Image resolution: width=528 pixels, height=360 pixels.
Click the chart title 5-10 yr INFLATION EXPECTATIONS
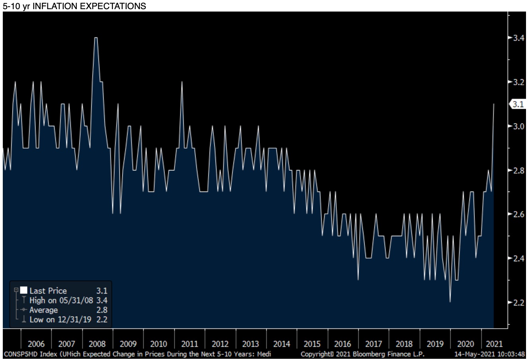(74, 6)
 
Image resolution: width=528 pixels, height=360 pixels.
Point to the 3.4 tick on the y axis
(518, 38)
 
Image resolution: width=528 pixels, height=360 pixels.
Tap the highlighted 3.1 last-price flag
(518, 104)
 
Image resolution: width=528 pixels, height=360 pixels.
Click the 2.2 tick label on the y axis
(518, 303)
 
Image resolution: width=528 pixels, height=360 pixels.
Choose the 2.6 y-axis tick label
(518, 215)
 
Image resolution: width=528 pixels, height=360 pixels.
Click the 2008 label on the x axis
(97, 344)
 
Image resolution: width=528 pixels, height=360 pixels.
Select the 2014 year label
(282, 344)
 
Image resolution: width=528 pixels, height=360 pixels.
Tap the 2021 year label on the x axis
(494, 344)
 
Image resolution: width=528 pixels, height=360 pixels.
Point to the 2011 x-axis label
(189, 344)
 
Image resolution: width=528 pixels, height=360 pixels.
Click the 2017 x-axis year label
(374, 344)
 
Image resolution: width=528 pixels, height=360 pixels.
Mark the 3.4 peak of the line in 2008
(96, 38)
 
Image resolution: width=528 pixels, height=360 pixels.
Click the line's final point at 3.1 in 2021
(494, 104)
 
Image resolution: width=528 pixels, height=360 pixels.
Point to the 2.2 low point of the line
(450, 302)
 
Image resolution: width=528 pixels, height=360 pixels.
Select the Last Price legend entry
(48, 291)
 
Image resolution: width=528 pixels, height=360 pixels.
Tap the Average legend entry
(43, 310)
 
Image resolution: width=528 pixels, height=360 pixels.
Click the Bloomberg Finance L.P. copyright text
(362, 354)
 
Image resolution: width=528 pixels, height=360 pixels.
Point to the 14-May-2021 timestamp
(490, 354)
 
